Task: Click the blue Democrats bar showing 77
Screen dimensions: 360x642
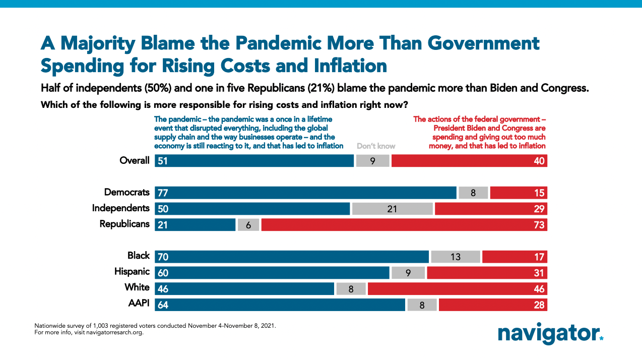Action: coord(305,192)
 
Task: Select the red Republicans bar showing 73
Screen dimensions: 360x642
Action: coord(404,224)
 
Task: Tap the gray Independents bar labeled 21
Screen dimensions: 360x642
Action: coord(392,208)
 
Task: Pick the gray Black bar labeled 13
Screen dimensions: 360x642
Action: coord(455,257)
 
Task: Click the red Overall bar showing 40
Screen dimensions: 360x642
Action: coord(469,161)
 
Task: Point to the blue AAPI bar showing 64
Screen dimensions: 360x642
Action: coord(280,305)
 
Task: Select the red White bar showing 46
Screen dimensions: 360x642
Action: coord(457,288)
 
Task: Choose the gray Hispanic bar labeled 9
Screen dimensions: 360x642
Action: coord(408,273)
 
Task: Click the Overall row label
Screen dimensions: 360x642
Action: coord(135,161)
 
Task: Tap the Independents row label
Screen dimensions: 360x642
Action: coord(120,208)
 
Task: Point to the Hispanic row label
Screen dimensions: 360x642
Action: coord(132,272)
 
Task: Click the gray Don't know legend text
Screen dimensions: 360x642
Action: coord(375,146)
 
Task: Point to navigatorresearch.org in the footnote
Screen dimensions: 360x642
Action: coord(108,332)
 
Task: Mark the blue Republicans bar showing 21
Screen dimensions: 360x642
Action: coord(195,224)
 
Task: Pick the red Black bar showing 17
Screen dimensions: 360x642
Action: coord(515,257)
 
